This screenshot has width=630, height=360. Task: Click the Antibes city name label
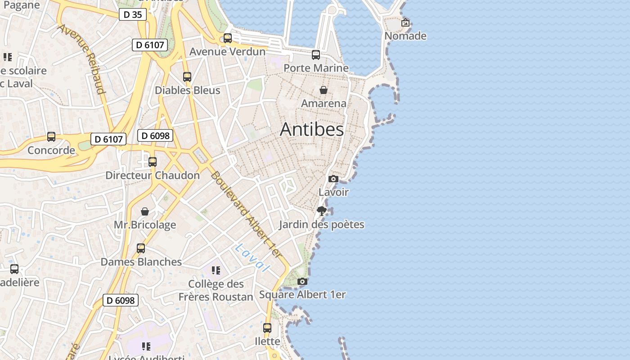312,130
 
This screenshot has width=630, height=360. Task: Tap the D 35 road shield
133,14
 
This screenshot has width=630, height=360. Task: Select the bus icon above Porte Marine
316,55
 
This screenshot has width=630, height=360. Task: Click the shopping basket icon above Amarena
323,90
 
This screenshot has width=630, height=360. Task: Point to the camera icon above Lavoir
333,179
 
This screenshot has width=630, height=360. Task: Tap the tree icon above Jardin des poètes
321,211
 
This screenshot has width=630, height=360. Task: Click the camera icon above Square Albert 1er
302,282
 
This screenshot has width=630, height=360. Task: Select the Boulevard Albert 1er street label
246,214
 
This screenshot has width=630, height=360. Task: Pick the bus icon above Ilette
267,328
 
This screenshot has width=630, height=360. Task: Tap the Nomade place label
405,36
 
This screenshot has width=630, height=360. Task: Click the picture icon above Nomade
405,22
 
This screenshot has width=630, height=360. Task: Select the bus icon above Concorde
51,137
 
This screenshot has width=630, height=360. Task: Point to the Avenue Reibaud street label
81,58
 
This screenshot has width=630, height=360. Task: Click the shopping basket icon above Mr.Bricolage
145,211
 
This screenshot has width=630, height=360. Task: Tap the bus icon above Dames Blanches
141,248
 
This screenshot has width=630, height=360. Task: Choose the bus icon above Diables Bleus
187,77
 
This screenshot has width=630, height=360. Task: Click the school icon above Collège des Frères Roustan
216,270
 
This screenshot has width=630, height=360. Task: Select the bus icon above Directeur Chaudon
153,162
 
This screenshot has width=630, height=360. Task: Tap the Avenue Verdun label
227,51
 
